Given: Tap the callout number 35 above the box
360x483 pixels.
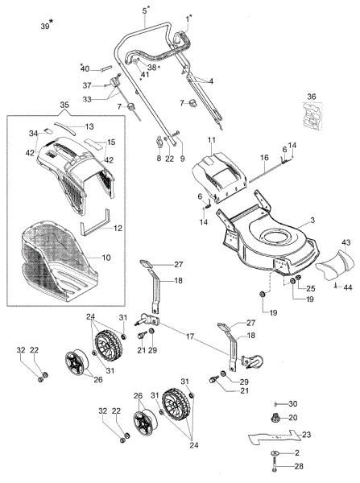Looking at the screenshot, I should point(64,105).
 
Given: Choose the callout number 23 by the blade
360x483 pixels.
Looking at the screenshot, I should point(307,435).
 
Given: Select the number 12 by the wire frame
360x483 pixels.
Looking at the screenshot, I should point(118,229).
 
